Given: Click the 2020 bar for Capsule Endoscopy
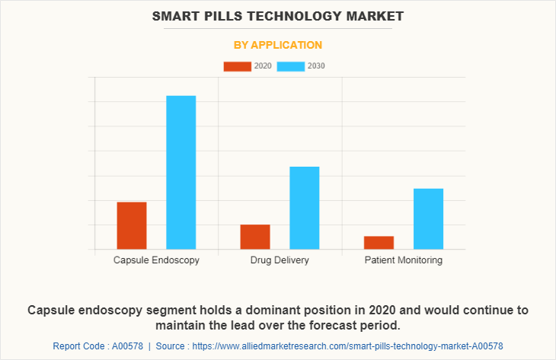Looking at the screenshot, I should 132,225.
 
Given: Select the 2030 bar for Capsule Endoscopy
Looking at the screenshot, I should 181,172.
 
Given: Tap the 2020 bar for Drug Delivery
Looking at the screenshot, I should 255,237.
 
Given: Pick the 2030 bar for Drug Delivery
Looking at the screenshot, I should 305,208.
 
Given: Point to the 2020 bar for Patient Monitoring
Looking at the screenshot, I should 379,242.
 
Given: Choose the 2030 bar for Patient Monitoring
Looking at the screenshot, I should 428,218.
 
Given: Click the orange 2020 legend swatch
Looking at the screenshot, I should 237,66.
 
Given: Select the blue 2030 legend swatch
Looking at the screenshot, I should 291,66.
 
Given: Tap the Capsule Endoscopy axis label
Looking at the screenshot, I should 156,260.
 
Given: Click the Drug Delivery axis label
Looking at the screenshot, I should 280,260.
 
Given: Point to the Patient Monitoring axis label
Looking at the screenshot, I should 403,260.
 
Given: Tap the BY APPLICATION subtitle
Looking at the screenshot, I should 278,45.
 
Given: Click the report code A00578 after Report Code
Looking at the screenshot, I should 127,346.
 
